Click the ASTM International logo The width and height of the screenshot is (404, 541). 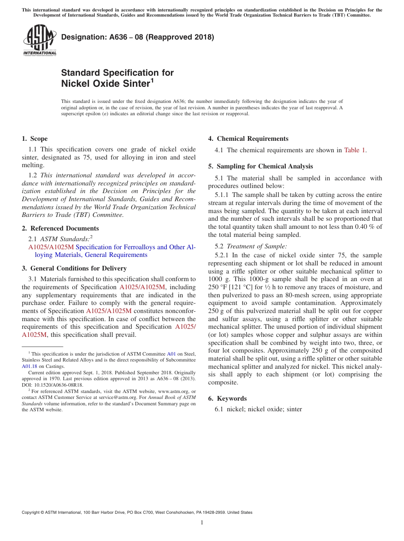coord(40,40)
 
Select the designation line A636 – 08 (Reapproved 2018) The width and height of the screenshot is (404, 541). coord(137,37)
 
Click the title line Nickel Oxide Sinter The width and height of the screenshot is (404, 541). coord(106,83)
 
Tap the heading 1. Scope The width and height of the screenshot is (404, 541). coord(35,139)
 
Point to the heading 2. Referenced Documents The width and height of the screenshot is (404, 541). coord(60,228)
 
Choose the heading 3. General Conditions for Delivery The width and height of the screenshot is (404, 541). coord(74,268)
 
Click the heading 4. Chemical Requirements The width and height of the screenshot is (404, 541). coord(248,139)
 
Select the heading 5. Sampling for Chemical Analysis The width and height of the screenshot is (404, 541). coord(260,166)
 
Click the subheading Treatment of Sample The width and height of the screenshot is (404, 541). coord(257,246)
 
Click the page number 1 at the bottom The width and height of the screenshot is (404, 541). coord(202,523)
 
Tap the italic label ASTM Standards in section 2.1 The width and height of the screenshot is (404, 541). coord(65,239)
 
